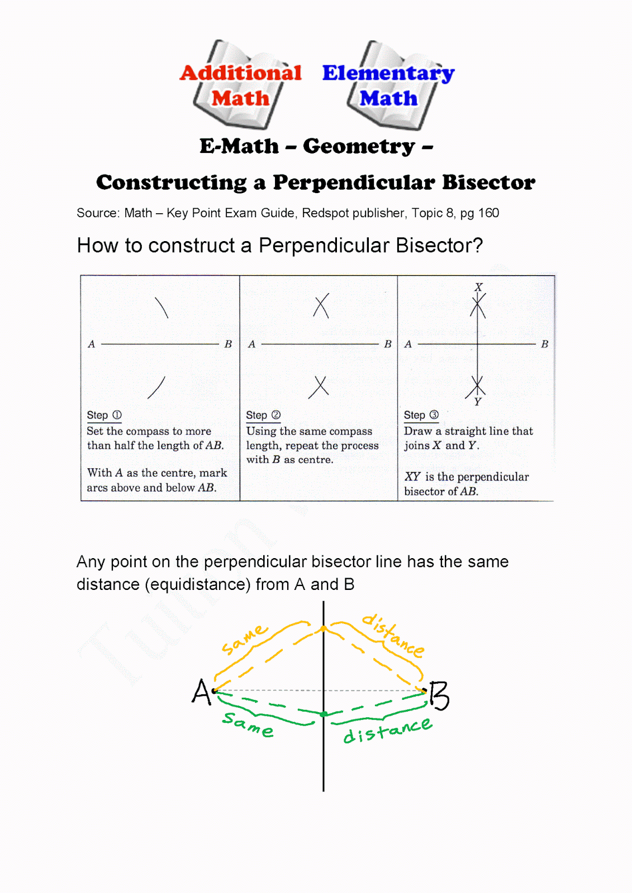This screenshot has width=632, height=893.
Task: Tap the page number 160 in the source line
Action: [488, 213]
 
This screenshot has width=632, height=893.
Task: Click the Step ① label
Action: [104, 415]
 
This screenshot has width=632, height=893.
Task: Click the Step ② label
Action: [263, 415]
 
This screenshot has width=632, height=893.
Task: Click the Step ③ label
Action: [421, 415]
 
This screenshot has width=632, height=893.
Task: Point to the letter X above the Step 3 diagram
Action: [478, 287]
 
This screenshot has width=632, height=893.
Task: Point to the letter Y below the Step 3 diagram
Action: [478, 401]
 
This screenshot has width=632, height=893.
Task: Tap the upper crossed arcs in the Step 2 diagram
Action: [321, 306]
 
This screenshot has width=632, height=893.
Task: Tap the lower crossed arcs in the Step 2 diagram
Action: [319, 386]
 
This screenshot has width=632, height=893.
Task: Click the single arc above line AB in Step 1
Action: [161, 308]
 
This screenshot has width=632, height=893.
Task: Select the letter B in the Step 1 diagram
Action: [228, 344]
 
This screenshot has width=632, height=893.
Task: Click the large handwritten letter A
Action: [201, 692]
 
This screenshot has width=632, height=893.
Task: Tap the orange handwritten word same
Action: [244, 640]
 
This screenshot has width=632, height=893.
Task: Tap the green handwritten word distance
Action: [387, 731]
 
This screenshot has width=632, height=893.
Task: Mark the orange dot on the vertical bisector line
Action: [324, 630]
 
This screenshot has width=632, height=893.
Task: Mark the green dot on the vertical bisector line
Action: [324, 714]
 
